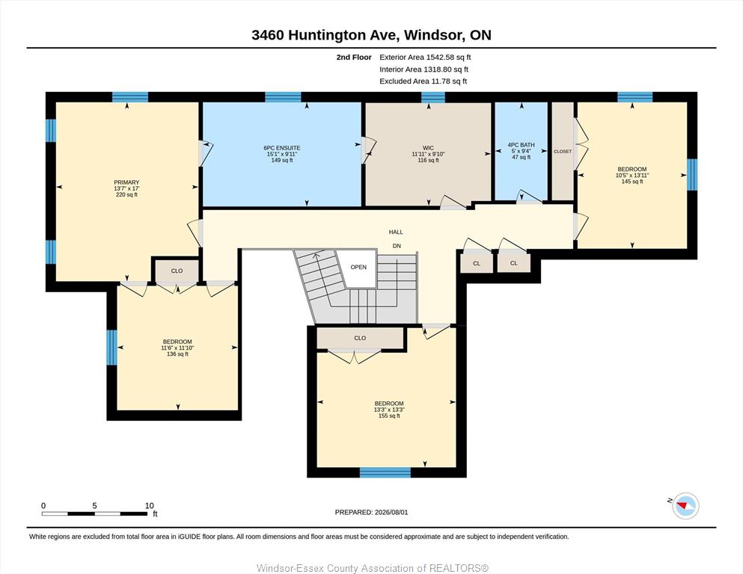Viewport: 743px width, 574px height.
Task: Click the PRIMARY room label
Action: point(126,182)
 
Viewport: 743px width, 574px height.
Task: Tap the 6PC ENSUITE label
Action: point(282,148)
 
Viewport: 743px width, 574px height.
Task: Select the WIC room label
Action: point(428,148)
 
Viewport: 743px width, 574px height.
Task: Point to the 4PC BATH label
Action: point(522,145)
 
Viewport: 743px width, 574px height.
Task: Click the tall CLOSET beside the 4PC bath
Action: point(563,152)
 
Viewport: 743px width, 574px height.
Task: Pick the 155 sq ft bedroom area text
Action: point(389,416)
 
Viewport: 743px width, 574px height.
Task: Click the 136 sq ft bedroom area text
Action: point(177,354)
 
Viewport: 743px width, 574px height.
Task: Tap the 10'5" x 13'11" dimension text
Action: point(632,175)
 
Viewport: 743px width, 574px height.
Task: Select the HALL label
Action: point(396,232)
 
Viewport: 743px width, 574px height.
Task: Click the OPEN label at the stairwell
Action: point(358,267)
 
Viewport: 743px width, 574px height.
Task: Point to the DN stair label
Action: point(397,246)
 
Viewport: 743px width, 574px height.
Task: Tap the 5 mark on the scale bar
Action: point(95,506)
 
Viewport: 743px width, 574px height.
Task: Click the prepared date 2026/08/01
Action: point(391,512)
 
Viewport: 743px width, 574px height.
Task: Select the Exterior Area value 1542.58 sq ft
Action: point(449,58)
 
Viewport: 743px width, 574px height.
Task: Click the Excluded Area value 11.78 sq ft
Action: point(448,81)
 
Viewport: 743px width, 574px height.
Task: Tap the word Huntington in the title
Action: point(327,35)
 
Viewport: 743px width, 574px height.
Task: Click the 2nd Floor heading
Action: point(354,58)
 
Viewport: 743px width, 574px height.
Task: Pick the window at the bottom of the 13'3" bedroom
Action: point(385,472)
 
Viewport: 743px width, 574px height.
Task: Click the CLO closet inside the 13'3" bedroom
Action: point(360,338)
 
